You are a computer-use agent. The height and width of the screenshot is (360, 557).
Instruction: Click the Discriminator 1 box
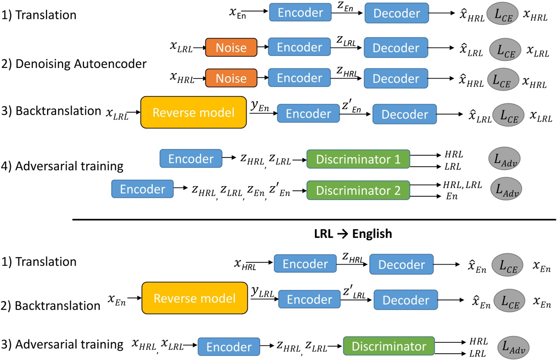click(x=358, y=159)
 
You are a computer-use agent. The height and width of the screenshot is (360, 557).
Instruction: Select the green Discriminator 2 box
click(x=358, y=190)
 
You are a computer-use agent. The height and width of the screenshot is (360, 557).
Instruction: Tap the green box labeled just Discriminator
click(x=388, y=346)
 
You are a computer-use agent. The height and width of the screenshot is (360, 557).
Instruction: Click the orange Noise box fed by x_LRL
click(x=231, y=48)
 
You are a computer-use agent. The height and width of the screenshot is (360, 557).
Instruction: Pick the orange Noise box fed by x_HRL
click(x=231, y=79)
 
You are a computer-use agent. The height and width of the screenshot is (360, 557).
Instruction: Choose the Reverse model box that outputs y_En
click(x=193, y=113)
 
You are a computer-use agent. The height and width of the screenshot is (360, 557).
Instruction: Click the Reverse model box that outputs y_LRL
click(x=194, y=298)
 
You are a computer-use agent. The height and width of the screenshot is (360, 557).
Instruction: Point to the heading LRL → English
click(x=353, y=234)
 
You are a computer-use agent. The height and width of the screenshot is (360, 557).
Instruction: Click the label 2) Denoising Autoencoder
click(x=74, y=64)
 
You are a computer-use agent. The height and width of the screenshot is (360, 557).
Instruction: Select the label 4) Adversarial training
click(x=62, y=166)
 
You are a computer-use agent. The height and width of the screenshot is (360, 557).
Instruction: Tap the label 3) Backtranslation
click(x=51, y=111)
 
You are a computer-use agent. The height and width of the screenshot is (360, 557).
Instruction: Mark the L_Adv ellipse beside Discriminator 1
click(x=504, y=159)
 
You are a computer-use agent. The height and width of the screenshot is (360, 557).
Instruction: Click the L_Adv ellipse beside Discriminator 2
click(x=506, y=189)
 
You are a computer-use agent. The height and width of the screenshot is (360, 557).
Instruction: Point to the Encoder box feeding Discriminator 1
click(x=191, y=159)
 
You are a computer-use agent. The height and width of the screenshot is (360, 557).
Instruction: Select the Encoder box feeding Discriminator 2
click(x=143, y=189)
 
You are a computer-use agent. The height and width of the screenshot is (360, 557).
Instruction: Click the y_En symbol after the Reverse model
click(x=260, y=106)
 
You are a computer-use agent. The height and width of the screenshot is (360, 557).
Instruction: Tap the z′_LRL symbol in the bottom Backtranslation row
click(x=354, y=292)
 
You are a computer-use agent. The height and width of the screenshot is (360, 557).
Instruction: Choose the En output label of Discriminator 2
click(x=452, y=196)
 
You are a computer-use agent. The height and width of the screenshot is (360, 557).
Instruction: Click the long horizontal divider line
click(x=314, y=220)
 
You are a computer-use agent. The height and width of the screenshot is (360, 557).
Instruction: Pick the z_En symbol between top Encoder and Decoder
click(x=345, y=7)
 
